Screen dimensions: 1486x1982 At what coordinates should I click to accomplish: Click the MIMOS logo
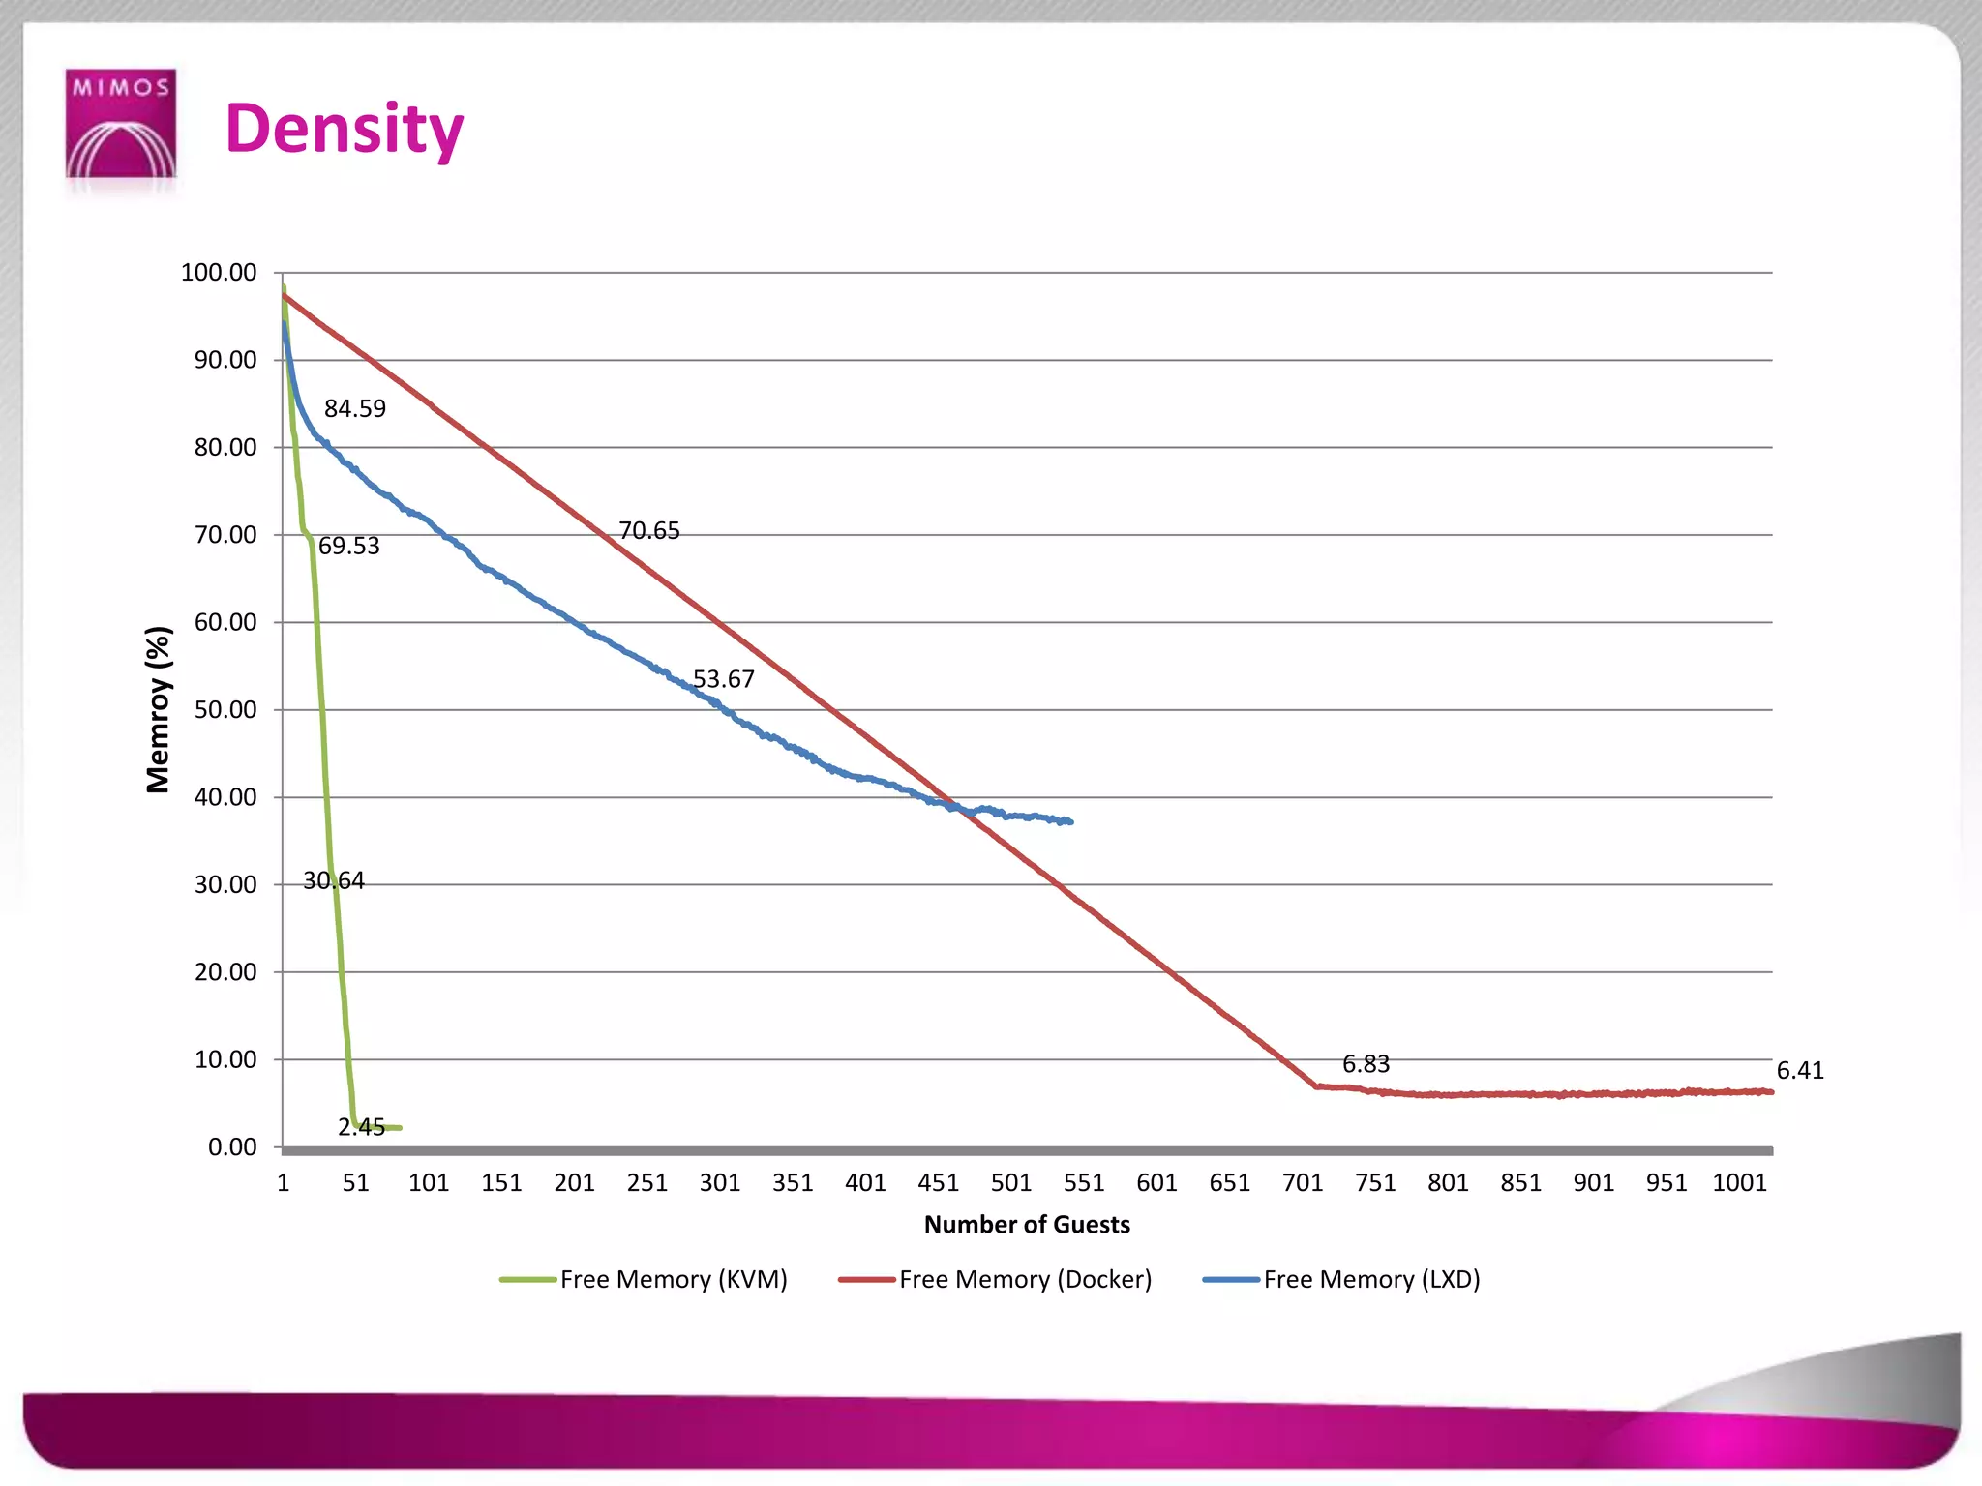point(120,124)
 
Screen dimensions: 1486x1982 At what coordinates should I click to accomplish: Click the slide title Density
point(345,130)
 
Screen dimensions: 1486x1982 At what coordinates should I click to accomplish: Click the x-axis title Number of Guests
point(1027,1225)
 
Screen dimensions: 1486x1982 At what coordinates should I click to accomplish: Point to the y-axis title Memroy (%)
point(158,709)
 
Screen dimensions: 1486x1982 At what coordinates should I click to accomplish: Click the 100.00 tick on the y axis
point(219,273)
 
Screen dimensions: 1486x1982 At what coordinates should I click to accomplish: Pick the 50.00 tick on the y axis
point(225,710)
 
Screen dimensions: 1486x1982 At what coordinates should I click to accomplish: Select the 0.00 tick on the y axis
point(232,1147)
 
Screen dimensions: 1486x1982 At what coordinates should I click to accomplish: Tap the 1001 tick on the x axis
point(1739,1183)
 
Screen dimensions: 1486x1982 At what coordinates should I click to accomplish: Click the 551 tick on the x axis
point(1084,1183)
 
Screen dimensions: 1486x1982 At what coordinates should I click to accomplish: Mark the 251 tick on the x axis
point(646,1183)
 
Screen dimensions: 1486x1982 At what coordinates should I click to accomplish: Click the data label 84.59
point(355,409)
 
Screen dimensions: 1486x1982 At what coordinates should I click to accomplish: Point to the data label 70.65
point(649,531)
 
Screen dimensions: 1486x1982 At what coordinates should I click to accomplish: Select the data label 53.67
point(723,679)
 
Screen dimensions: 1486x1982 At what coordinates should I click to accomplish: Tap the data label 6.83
point(1366,1064)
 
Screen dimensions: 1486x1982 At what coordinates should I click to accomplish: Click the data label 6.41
point(1800,1070)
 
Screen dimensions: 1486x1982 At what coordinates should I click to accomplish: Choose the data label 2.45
point(361,1127)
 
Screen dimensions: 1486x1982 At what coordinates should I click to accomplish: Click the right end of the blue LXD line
point(1070,821)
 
